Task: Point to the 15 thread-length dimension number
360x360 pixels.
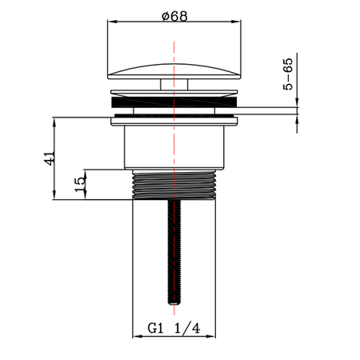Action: click(78, 183)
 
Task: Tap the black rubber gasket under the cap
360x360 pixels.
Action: click(173, 102)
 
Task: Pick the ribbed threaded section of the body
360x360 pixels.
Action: click(173, 185)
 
